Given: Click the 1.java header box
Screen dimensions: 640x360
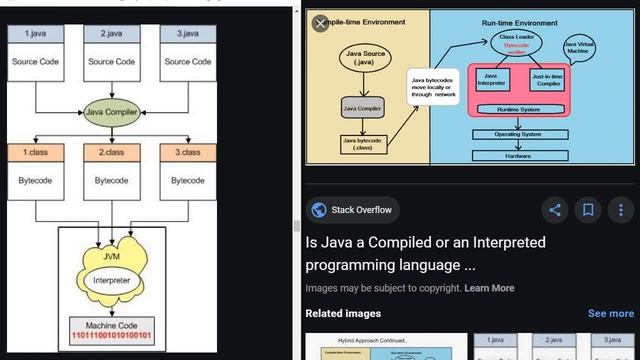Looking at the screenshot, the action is [x=35, y=34].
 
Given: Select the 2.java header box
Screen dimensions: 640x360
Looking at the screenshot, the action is [x=111, y=34].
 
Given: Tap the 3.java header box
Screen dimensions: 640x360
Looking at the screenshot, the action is [x=187, y=34].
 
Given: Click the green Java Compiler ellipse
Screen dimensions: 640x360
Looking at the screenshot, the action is [x=112, y=113].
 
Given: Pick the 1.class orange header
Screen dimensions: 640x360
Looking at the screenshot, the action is [x=35, y=152].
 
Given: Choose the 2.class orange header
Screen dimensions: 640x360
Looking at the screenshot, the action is [x=111, y=152].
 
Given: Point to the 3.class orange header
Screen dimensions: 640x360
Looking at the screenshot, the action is [x=187, y=152].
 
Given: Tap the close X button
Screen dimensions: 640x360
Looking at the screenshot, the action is [x=320, y=23].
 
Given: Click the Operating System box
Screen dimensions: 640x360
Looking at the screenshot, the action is [x=517, y=134].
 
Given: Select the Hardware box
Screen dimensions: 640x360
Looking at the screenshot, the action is [x=517, y=155].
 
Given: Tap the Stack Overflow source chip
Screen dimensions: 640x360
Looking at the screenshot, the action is [x=353, y=210].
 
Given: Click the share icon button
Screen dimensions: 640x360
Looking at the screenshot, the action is [x=555, y=210].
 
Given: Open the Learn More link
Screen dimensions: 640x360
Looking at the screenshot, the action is [x=489, y=288].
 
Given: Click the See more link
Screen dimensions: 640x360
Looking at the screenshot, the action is [x=610, y=313].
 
